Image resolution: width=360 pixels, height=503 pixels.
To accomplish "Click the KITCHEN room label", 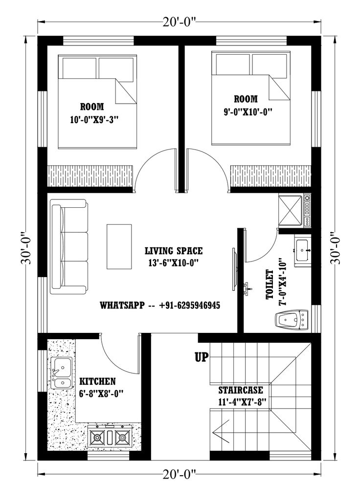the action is [x=97, y=381].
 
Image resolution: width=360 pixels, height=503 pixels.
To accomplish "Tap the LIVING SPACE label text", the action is [x=174, y=250].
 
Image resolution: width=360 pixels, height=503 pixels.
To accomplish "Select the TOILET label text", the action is [x=270, y=284].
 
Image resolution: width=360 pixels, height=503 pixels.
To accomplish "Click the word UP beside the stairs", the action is [x=202, y=357].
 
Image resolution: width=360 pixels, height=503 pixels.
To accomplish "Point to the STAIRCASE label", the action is [x=240, y=390].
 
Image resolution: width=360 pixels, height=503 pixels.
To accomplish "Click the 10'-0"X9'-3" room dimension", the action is [x=95, y=120].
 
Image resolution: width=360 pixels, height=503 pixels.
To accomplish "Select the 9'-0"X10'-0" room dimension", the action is [x=248, y=111].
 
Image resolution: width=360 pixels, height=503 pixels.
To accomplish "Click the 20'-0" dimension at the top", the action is [x=180, y=22].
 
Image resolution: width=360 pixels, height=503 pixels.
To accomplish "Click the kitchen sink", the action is [x=61, y=373].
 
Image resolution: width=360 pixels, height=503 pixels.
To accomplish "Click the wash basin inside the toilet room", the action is [x=303, y=250].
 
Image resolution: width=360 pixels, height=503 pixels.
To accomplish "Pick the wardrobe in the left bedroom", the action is [x=90, y=175].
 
